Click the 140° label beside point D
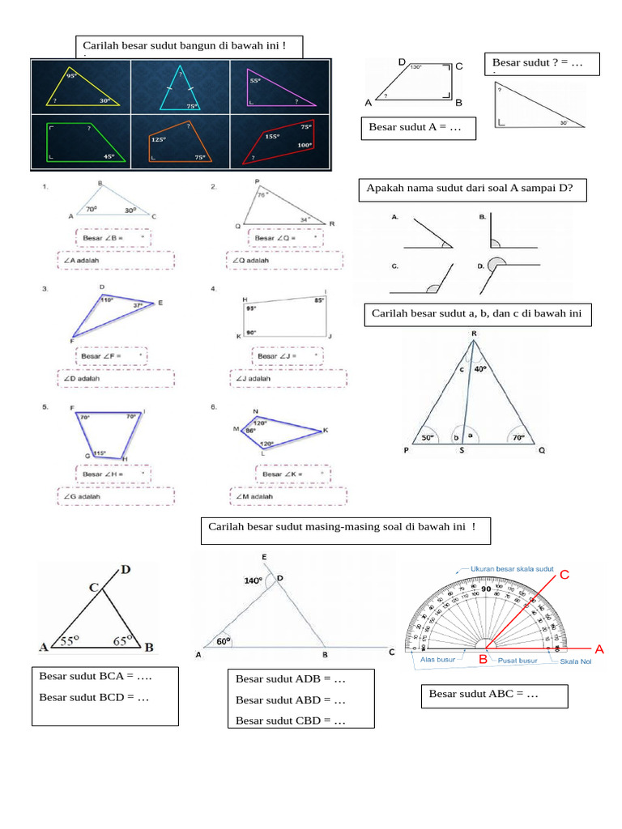(253, 580)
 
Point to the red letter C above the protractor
(565, 574)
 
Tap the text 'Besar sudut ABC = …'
(484, 694)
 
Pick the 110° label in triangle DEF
(106, 300)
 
